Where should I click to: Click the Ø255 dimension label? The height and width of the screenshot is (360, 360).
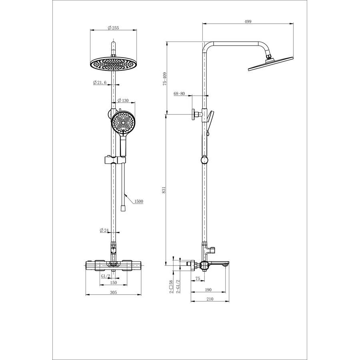coord(114,28)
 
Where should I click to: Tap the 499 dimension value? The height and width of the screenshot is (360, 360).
coord(248,21)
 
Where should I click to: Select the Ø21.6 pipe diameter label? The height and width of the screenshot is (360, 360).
coord(100,82)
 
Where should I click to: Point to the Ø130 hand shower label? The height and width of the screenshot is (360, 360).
coord(123,100)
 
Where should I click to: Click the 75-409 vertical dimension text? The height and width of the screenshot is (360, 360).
coord(164,79)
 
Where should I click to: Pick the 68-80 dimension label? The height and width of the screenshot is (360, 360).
coord(179,94)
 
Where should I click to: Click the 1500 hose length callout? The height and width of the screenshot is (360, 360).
coord(138,201)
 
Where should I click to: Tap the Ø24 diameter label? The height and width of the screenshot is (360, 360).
coord(104,230)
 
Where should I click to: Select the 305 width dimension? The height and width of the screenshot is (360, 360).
coord(114,292)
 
